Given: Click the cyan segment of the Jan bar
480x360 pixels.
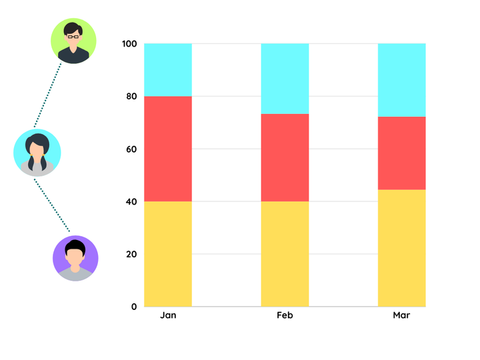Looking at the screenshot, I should pyautogui.click(x=168, y=70).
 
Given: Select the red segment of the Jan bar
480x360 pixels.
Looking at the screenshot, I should pyautogui.click(x=168, y=149).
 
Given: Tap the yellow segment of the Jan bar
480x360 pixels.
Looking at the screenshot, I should pyautogui.click(x=168, y=253).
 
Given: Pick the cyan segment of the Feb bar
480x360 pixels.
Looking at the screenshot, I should pyautogui.click(x=285, y=79).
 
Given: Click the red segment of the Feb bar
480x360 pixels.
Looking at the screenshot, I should pyautogui.click(x=285, y=157).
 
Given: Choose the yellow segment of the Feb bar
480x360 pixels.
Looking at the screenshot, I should pyautogui.click(x=285, y=253).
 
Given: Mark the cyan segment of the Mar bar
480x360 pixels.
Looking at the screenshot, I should pyautogui.click(x=402, y=80).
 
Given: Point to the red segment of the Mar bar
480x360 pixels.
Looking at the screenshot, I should pyautogui.click(x=402, y=153).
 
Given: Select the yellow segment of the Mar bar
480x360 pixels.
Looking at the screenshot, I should pyautogui.click(x=402, y=248).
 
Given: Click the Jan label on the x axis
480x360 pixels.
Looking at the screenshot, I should pyautogui.click(x=168, y=315).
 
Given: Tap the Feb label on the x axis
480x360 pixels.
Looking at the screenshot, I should pyautogui.click(x=285, y=315).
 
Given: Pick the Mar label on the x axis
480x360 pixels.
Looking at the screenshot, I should pyautogui.click(x=401, y=315).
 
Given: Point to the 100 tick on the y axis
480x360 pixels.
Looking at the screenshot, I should pyautogui.click(x=129, y=44).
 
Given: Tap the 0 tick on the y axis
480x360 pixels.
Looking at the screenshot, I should pyautogui.click(x=134, y=307).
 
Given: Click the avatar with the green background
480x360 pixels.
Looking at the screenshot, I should pyautogui.click(x=74, y=41).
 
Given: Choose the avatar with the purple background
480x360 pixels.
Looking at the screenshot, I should pyautogui.click(x=76, y=259).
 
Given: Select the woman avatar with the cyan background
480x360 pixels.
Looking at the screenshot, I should pyautogui.click(x=37, y=152).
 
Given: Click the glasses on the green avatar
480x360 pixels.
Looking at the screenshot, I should pyautogui.click(x=72, y=36).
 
